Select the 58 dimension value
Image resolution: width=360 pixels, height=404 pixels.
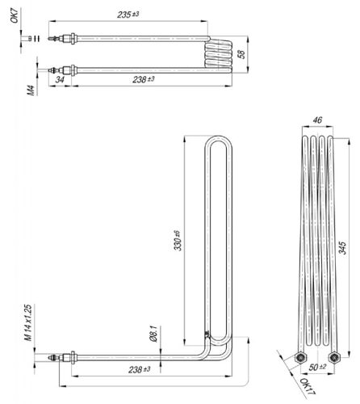241,54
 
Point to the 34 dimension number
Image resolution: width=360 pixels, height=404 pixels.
60,80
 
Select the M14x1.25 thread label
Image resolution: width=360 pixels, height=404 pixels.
28,324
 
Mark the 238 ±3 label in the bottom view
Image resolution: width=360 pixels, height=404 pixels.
138,369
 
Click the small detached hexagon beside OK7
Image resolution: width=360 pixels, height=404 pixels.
27,36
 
